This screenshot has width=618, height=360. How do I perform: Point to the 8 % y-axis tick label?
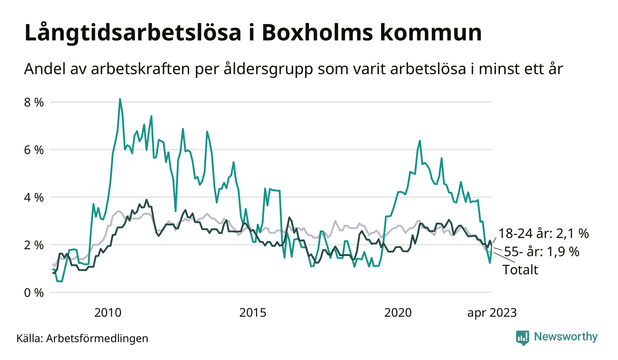pyautogui.click(x=34, y=102)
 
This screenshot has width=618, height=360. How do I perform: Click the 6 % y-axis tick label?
pyautogui.click(x=34, y=150)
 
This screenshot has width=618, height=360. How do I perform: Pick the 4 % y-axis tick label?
pyautogui.click(x=34, y=197)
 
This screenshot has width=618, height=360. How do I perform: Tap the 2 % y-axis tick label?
pyautogui.click(x=34, y=245)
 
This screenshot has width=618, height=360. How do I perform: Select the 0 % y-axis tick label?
pyautogui.click(x=34, y=292)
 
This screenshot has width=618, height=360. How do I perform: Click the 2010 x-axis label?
pyautogui.click(x=108, y=312)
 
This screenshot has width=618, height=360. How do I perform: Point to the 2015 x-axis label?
pyautogui.click(x=253, y=312)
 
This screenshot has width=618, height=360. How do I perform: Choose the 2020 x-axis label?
pyautogui.click(x=398, y=312)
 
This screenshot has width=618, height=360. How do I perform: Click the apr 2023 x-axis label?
pyautogui.click(x=492, y=312)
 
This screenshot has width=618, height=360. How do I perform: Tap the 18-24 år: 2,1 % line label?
pyautogui.click(x=543, y=234)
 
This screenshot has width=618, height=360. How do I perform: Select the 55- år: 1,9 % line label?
pyautogui.click(x=541, y=252)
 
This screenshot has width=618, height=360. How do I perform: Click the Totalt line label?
pyautogui.click(x=520, y=270)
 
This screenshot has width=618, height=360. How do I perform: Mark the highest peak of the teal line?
pyautogui.click(x=120, y=99)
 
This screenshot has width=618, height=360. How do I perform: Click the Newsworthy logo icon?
pyautogui.click(x=523, y=337)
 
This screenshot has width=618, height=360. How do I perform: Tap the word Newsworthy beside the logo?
pyautogui.click(x=565, y=337)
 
